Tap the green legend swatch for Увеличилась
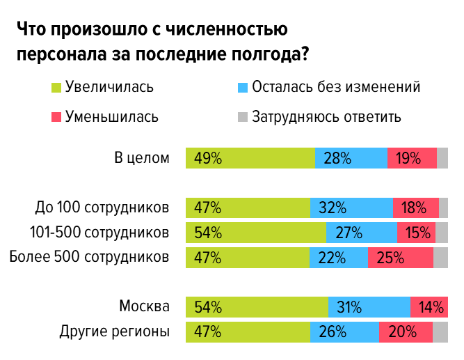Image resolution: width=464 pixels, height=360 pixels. point(56,88)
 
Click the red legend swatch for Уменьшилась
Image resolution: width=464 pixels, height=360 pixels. point(56,116)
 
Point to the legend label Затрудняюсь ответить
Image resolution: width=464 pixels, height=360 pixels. point(326,116)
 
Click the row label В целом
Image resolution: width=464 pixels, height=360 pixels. point(142,158)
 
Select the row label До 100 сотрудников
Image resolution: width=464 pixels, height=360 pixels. point(102,208)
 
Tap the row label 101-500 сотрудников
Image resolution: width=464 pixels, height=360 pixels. point(100,232)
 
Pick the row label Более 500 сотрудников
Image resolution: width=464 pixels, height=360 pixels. point(90,257)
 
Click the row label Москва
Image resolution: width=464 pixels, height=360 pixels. point(144,306)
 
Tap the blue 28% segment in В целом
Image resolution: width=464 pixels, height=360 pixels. point(351,158)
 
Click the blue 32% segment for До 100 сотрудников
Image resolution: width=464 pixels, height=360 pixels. point(351,208)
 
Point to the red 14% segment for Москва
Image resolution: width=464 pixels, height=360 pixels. point(429,307)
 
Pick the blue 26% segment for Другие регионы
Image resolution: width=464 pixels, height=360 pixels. point(344,332)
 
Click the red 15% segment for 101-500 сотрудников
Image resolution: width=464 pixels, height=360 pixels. point(416,233)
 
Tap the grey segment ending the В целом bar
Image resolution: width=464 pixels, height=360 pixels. point(442,158)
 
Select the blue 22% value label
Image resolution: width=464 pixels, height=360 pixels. point(333,258)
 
